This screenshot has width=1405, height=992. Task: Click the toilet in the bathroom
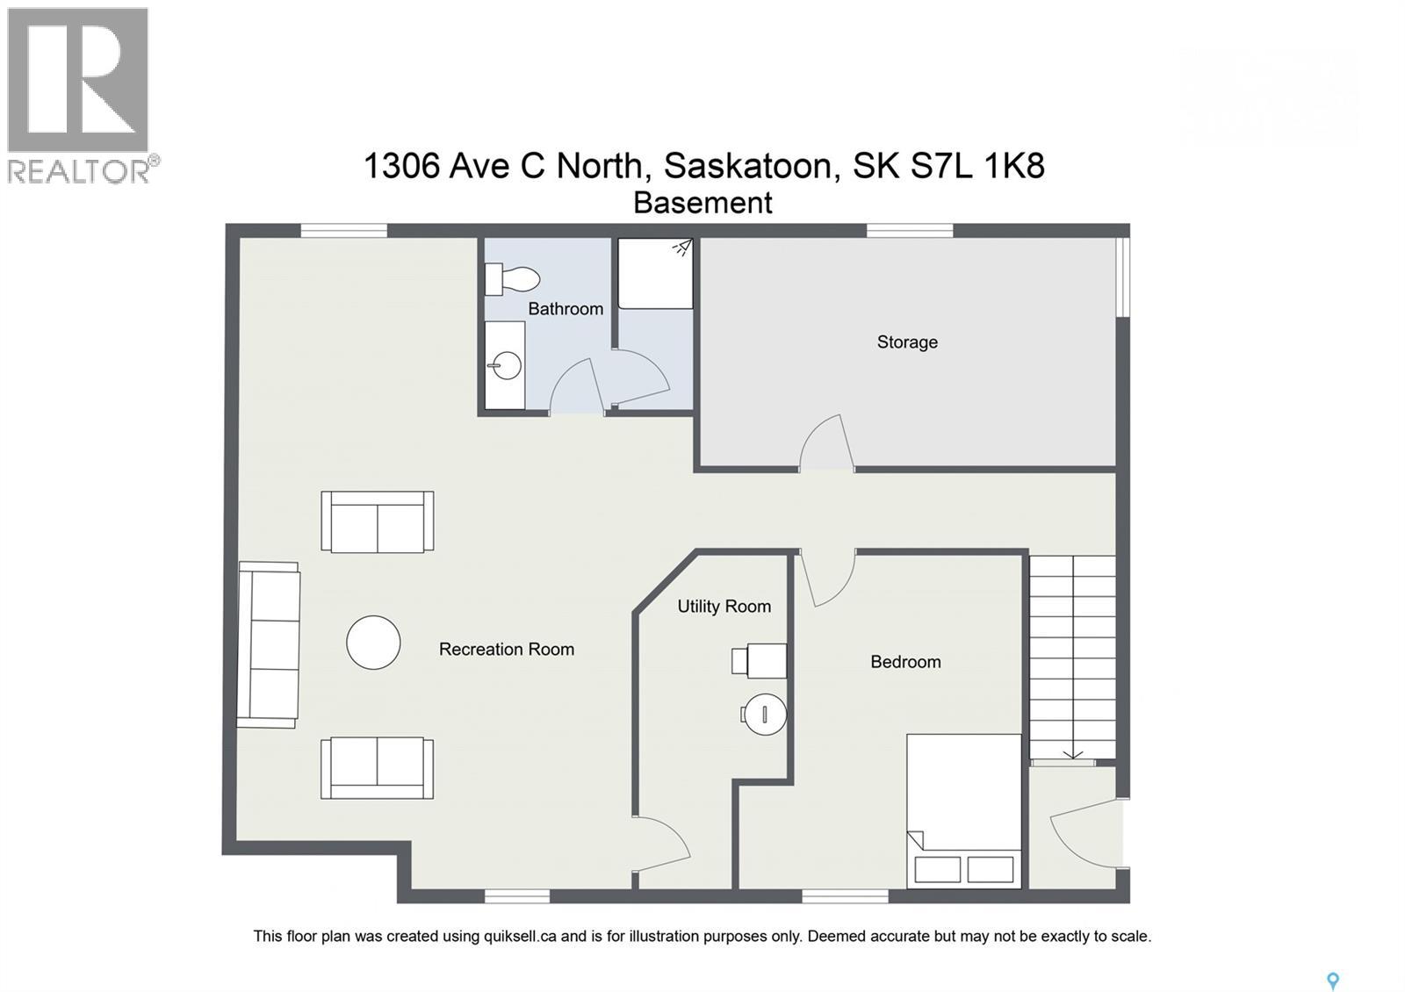click(x=513, y=279)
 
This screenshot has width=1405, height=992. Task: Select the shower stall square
click(x=655, y=273)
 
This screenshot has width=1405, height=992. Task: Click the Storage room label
click(x=907, y=342)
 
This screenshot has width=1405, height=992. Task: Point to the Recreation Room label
click(x=506, y=650)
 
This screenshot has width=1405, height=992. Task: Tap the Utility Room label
click(x=724, y=607)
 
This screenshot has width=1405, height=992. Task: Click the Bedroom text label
click(x=905, y=662)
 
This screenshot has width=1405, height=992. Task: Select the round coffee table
click(x=373, y=643)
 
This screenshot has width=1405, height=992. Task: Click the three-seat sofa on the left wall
click(x=269, y=645)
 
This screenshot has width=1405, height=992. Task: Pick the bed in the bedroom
click(x=964, y=810)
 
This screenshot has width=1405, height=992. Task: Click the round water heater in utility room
click(x=764, y=714)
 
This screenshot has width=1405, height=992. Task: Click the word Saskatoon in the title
click(x=747, y=165)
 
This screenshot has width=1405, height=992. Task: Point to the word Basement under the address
click(x=702, y=203)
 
